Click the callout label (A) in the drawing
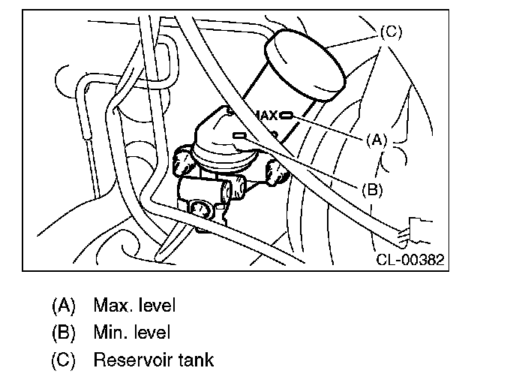click(377, 140)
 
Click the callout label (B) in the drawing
click(373, 190)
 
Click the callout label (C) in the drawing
click(391, 32)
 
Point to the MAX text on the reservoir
click(266, 116)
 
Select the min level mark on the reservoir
click(241, 135)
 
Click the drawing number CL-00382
click(409, 260)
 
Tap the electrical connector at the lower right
click(415, 230)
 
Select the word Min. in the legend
click(109, 333)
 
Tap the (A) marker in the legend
click(64, 306)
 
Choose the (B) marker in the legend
click(64, 333)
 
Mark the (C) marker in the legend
click(64, 360)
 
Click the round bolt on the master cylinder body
click(201, 209)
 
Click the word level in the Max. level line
click(154, 306)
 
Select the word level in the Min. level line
click(150, 333)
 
